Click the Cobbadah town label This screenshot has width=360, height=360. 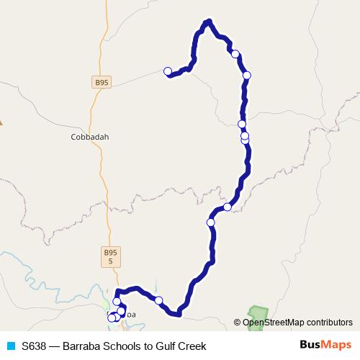coord(90,137)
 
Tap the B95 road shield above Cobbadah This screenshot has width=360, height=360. coord(102,83)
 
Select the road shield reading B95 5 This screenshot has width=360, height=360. coord(109,256)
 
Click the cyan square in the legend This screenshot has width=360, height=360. coord(10,346)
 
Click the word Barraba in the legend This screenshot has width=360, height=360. coord(81,346)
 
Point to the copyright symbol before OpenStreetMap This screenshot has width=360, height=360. coord(238,323)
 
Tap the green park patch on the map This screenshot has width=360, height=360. coord(257,313)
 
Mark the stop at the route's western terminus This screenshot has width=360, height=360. coord(168,71)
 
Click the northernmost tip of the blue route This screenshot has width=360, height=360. coord(208,21)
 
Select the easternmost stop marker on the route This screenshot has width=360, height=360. coord(247,75)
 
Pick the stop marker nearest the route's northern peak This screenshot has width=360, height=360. coord(235,53)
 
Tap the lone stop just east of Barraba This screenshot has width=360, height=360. coord(158,301)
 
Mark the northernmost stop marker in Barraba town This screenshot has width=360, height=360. coord(117,302)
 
